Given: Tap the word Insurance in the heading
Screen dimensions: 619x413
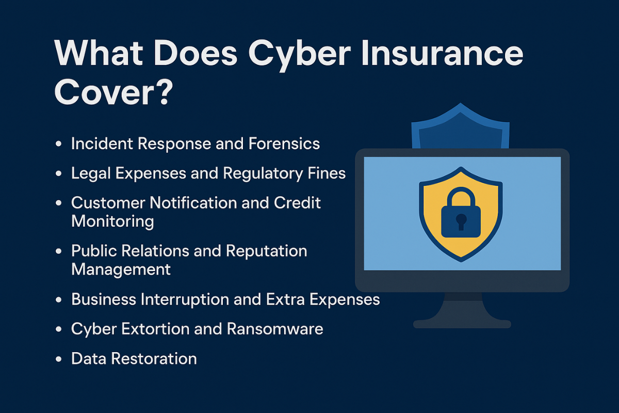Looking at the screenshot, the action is pyautogui.click(x=442, y=53).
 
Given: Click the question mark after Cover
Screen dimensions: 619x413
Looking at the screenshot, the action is pyautogui.click(x=164, y=92).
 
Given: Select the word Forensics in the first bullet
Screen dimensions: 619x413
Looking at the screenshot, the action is pyautogui.click(x=284, y=144).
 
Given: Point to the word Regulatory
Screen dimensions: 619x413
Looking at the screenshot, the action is pyautogui.click(x=263, y=174).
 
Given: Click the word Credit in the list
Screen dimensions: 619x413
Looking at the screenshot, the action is pyautogui.click(x=297, y=203).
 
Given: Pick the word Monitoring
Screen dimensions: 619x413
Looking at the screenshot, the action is pyautogui.click(x=112, y=222).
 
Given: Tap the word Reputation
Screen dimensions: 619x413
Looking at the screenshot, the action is pyautogui.click(x=266, y=252).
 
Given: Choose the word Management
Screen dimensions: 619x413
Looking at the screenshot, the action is pyautogui.click(x=121, y=269).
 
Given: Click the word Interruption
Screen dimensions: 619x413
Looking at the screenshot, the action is pyautogui.click(x=184, y=300).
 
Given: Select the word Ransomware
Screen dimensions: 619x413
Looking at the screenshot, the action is pyautogui.click(x=275, y=329).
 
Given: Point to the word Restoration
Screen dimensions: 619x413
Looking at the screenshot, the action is pyautogui.click(x=154, y=358).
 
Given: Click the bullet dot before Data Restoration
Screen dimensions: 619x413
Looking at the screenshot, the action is pyautogui.click(x=58, y=359).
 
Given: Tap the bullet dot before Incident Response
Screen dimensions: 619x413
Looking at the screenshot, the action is pyautogui.click(x=58, y=144).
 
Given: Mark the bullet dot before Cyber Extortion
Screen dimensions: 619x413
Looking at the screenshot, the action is pyautogui.click(x=58, y=329).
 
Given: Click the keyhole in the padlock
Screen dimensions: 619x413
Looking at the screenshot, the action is pyautogui.click(x=461, y=221).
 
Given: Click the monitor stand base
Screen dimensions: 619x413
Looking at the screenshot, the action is pyautogui.click(x=462, y=324).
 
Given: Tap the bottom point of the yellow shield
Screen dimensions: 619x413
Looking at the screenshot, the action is pyautogui.click(x=461, y=261).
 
